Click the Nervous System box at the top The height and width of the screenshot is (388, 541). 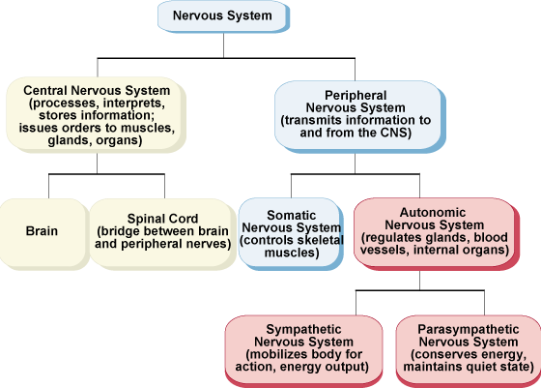coord(223,16)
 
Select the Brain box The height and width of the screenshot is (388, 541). coord(43,233)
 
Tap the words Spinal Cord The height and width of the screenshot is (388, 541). coord(162,219)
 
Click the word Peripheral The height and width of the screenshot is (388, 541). coord(356,96)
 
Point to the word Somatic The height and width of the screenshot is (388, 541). coord(291,215)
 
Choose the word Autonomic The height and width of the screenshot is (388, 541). coord(433,212)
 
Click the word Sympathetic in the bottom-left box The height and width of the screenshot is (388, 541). coord(303,329)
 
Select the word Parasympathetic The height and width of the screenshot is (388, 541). coord(469,329)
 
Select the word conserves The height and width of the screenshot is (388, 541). coord(439,354)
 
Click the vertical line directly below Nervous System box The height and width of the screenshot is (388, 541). coord(223,45)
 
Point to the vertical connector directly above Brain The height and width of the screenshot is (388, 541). coord(48,186)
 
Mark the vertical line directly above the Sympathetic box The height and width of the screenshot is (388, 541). coord(356,303)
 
